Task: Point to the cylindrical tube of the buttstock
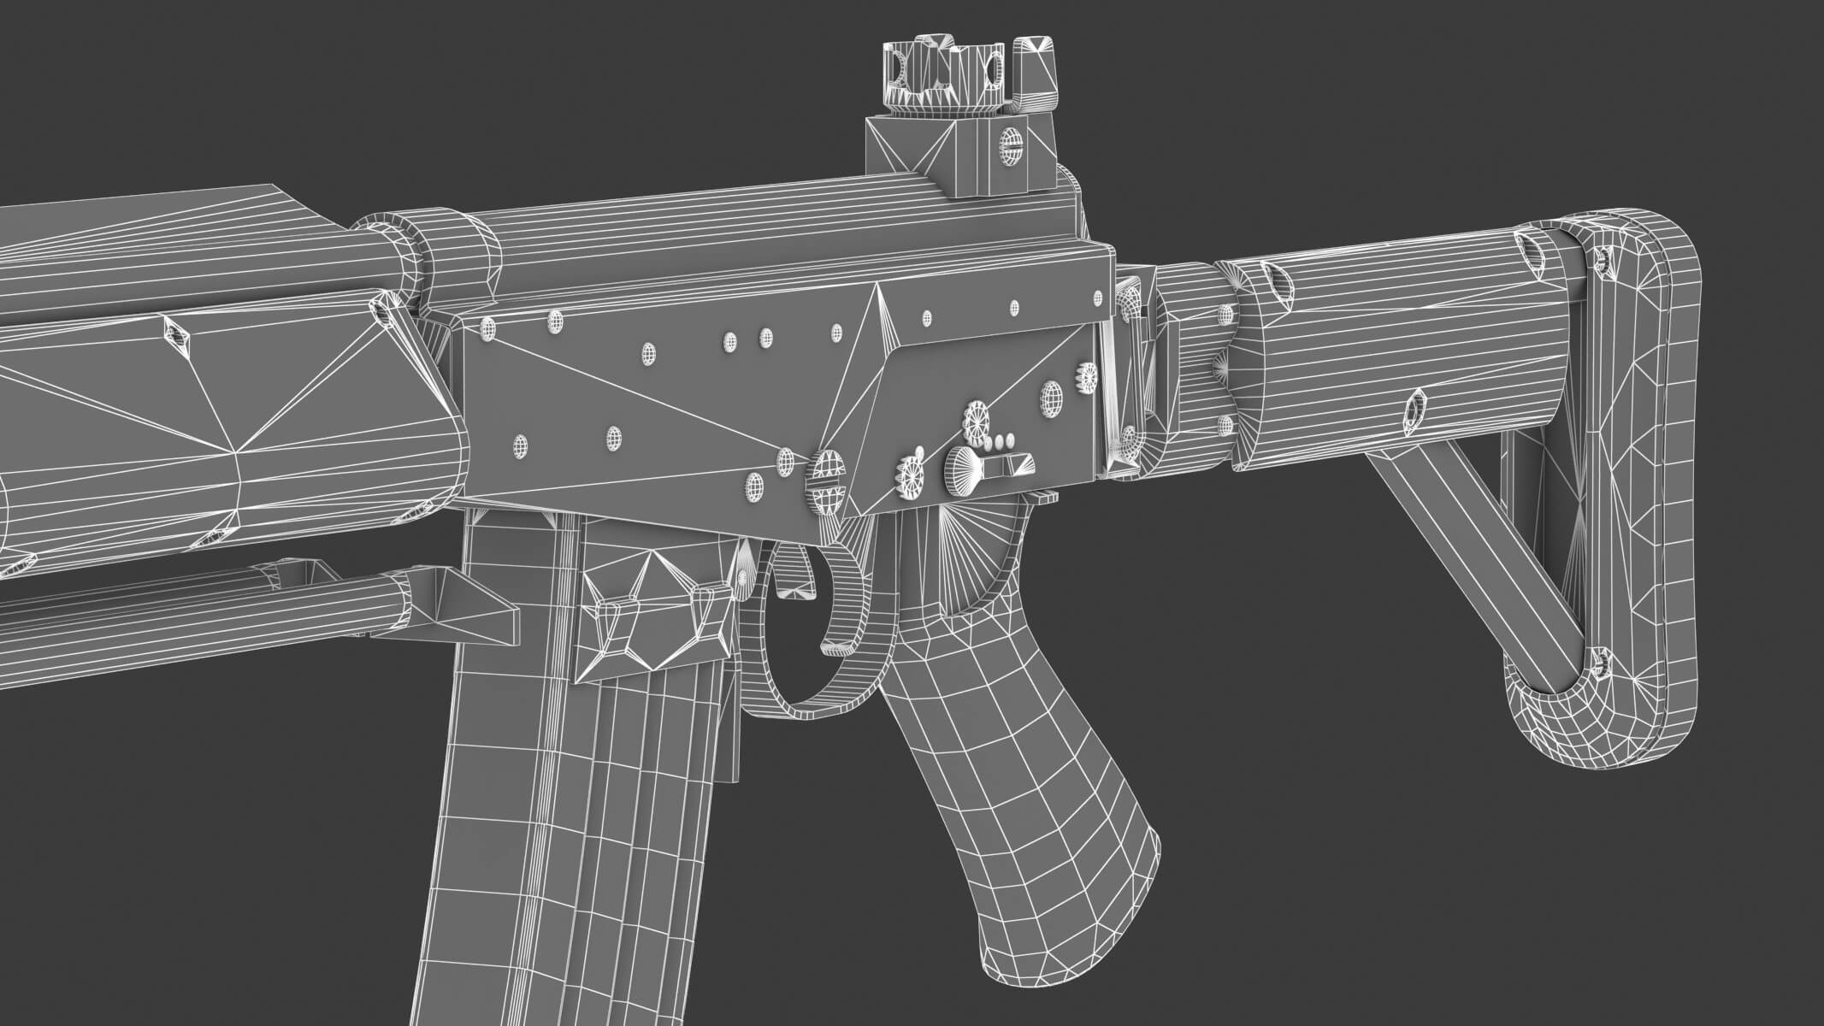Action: coord(1368,342)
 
